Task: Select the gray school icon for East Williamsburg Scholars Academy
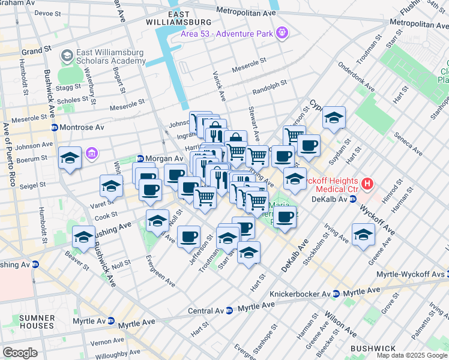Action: tap(67, 57)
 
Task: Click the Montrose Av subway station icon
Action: tap(54, 128)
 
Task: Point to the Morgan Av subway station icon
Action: tap(140, 158)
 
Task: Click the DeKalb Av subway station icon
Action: tap(354, 199)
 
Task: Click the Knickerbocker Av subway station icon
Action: tap(336, 293)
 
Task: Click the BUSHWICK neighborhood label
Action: tap(373, 348)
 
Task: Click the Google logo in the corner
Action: tap(20, 352)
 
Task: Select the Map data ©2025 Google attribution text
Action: tap(412, 355)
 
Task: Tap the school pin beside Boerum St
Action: tap(70, 158)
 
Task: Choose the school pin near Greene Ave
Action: tap(363, 235)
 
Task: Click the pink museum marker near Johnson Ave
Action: tap(91, 154)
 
